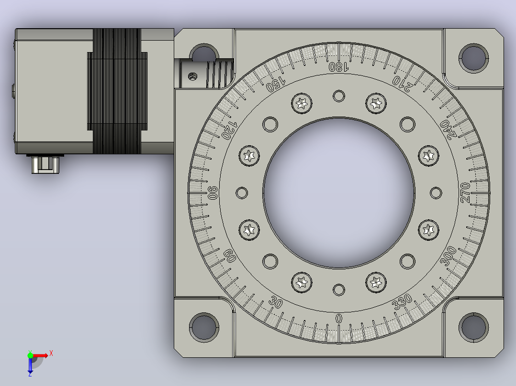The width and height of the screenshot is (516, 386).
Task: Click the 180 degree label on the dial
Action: coord(338,67)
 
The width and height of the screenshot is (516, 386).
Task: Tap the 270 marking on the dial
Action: coord(465,193)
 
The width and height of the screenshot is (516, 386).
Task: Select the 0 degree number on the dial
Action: coord(338,318)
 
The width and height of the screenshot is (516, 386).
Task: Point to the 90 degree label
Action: coord(213,193)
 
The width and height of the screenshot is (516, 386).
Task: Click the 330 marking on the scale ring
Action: coord(402,301)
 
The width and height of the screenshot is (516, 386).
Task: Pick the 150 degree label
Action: coord(276,84)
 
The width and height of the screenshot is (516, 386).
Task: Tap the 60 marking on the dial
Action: coord(229,256)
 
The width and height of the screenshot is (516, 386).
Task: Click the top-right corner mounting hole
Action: coord(473,58)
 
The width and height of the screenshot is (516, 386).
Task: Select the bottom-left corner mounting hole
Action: coord(204,327)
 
